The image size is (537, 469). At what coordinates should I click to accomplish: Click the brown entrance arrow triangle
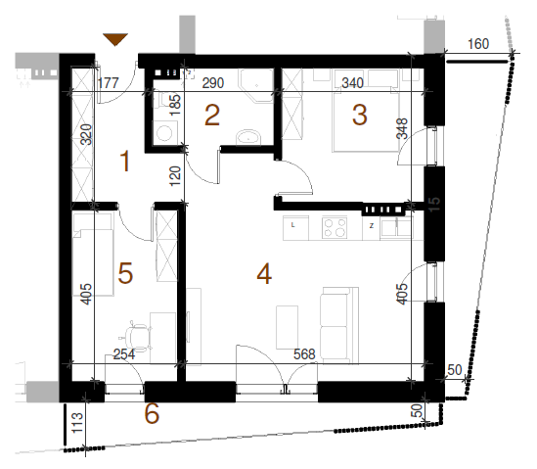(115, 39)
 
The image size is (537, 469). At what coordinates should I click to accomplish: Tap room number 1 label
(125, 162)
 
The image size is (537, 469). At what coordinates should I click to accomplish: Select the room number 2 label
(212, 116)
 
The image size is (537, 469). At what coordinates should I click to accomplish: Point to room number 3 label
(360, 115)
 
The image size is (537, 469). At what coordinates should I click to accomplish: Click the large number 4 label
(264, 274)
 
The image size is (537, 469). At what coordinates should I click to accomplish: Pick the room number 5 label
(125, 273)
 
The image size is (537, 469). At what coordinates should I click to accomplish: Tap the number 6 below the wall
(152, 413)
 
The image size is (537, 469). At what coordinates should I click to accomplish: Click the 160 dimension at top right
(478, 44)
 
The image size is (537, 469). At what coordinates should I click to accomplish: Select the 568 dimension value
(304, 354)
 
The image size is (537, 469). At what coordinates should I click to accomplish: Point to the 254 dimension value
(124, 354)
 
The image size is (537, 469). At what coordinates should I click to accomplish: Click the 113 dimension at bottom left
(77, 423)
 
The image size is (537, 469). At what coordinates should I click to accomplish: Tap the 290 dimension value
(213, 83)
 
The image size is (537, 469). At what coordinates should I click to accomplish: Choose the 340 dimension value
(353, 83)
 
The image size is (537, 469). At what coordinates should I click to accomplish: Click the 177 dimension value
(109, 83)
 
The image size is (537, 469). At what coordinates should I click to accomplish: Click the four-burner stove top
(335, 227)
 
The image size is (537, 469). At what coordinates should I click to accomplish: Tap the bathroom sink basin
(248, 137)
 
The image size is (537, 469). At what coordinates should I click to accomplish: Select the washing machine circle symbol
(164, 133)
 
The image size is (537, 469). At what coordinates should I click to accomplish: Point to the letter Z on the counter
(372, 226)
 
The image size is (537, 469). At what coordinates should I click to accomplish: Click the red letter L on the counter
(292, 225)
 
